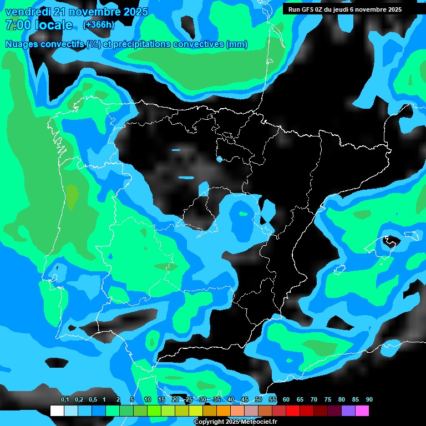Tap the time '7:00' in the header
(x=17, y=25)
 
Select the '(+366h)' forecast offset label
(x=98, y=25)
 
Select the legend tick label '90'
(x=369, y=400)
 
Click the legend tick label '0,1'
(x=65, y=400)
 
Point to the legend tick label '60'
(x=286, y=400)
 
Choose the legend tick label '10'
(x=148, y=400)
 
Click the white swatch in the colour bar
(x=57, y=411)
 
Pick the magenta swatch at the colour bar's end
(x=362, y=411)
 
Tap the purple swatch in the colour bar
(x=348, y=411)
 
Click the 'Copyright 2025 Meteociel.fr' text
(x=235, y=422)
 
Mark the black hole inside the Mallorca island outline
(x=391, y=241)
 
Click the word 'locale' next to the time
(x=53, y=25)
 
